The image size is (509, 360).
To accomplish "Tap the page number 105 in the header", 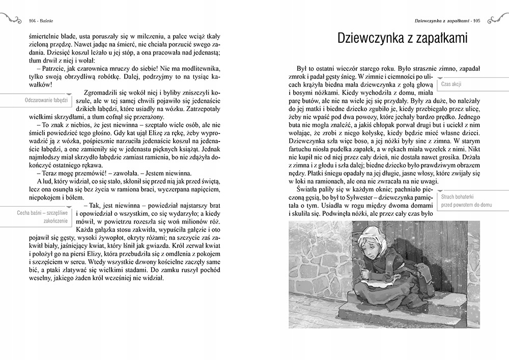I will point(477,21).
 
